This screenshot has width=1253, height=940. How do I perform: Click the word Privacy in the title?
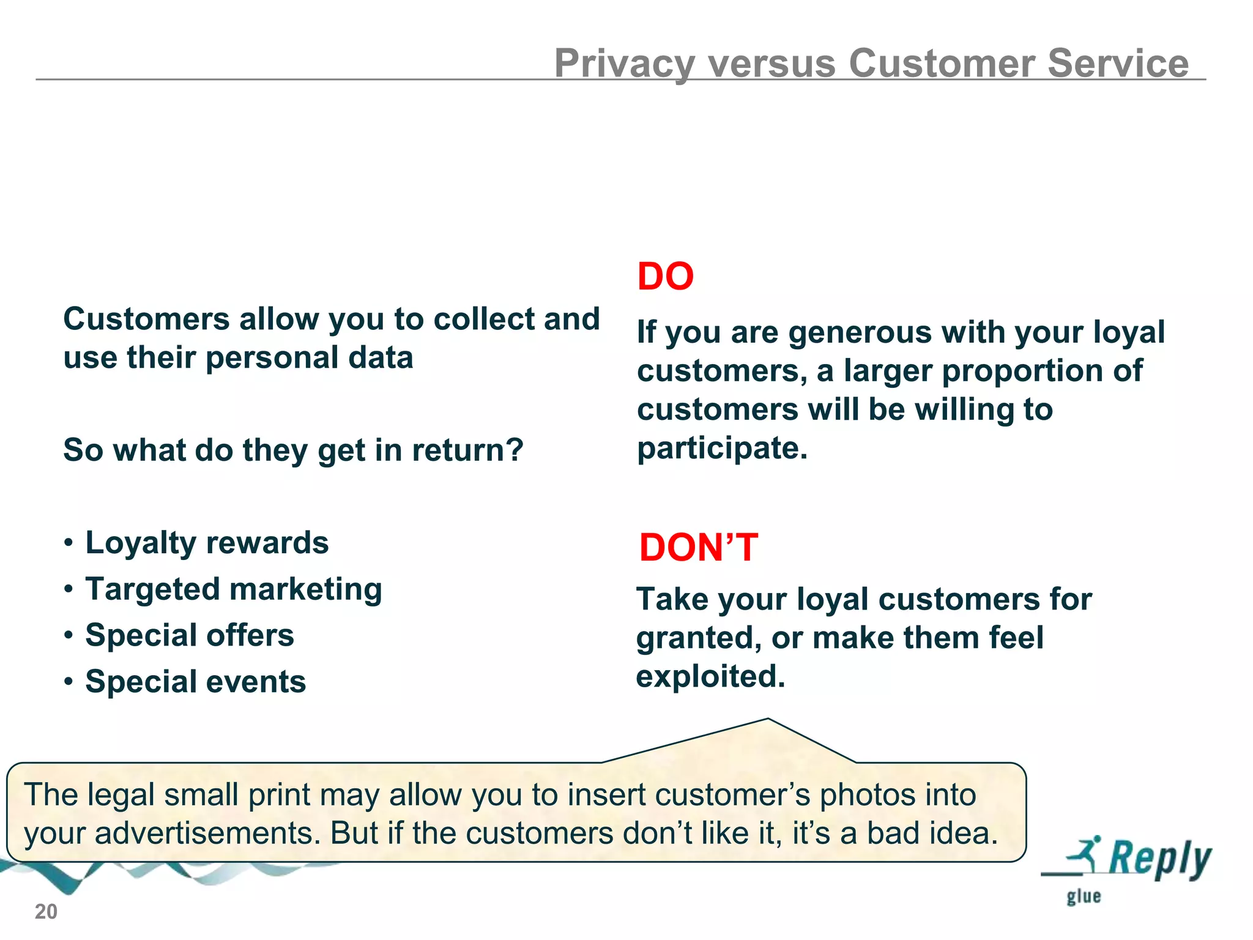(625, 64)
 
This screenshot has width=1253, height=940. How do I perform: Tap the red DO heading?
(666, 276)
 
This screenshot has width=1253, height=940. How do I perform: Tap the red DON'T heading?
(698, 547)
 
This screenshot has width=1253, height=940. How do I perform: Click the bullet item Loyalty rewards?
(207, 543)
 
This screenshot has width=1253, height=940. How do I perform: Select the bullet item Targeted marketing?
(234, 589)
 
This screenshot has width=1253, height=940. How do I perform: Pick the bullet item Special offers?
(190, 635)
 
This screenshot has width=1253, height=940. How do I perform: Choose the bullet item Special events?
(195, 682)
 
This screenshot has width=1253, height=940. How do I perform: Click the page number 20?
(46, 912)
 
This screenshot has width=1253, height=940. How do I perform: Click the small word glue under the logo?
(1084, 897)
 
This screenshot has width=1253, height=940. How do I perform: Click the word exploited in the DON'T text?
(710, 676)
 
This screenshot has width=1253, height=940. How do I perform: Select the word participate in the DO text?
(722, 449)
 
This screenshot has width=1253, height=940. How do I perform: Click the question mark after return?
(515, 450)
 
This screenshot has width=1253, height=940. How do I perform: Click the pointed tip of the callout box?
(768, 720)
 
